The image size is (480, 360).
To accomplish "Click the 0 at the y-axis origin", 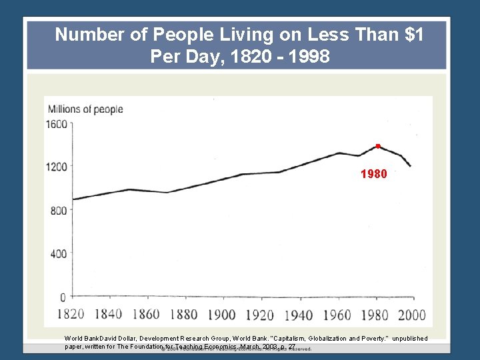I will [x=63, y=297].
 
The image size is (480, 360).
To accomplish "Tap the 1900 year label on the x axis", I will [x=221, y=315].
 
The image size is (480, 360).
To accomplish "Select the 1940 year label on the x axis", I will [x=297, y=315].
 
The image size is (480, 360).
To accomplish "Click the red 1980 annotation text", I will [x=373, y=174].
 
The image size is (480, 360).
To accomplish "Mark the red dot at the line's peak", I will [x=377, y=145].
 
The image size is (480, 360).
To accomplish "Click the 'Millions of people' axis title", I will [x=85, y=109].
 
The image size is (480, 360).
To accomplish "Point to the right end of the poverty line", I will [x=411, y=166].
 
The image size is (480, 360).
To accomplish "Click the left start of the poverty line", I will [x=73, y=199].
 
